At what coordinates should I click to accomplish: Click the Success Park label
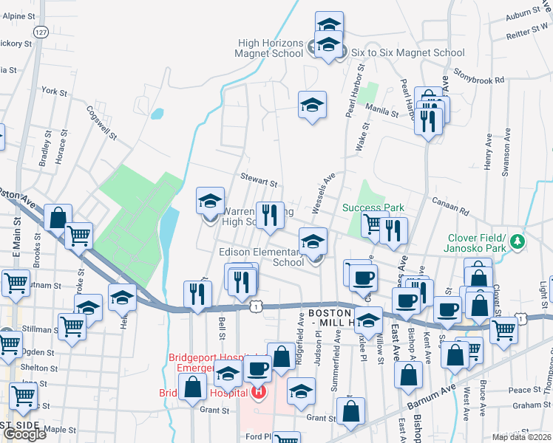tap(373, 207)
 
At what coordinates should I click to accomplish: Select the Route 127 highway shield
tap(41, 33)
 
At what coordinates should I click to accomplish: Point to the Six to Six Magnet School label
tap(407, 52)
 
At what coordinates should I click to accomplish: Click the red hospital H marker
tap(257, 391)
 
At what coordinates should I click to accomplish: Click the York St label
tap(55, 92)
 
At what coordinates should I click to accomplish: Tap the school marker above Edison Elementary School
tap(313, 241)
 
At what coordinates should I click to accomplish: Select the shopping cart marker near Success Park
tap(374, 224)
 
